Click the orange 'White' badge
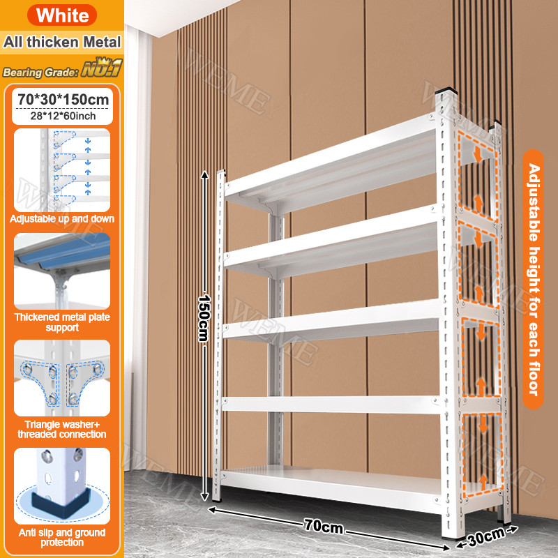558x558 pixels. point(62,15)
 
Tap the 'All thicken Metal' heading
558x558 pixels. point(62,42)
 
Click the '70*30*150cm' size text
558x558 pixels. point(63,99)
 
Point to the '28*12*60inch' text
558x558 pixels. point(63,116)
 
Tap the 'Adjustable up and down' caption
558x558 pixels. point(62,218)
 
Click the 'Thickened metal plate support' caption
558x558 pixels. point(62,322)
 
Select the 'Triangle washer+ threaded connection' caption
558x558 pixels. point(62,429)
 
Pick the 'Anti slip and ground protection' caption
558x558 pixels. point(62,537)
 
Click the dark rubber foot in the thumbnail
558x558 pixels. point(61,502)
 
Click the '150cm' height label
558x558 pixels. point(204,318)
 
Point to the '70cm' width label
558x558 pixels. point(324,526)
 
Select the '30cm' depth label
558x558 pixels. point(486,536)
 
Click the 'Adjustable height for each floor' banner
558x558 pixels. point(533,280)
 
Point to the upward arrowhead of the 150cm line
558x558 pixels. point(204,175)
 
